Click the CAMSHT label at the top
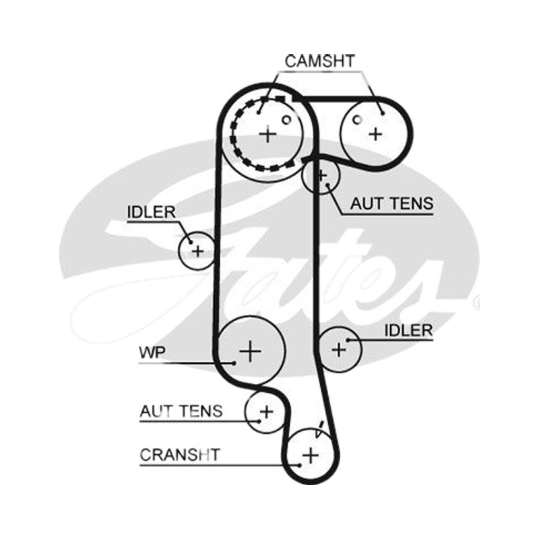tap(319, 61)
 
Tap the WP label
tap(152, 352)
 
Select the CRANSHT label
tap(179, 455)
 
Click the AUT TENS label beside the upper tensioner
tap(391, 203)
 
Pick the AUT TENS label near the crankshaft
tap(181, 411)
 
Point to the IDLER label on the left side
tap(151, 212)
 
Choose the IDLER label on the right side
tap(408, 330)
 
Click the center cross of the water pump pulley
tap(250, 351)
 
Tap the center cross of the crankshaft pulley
tap(311, 455)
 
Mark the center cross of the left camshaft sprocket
tap(267, 134)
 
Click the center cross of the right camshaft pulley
tap(375, 133)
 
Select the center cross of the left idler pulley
tap(197, 251)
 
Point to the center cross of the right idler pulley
tap(339, 350)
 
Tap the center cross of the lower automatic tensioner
tap(266, 412)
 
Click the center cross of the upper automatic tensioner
tap(322, 176)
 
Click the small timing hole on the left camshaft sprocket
tap(286, 120)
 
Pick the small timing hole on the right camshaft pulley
tap(358, 120)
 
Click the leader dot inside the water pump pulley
tap(234, 362)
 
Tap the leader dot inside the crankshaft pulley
tap(300, 465)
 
